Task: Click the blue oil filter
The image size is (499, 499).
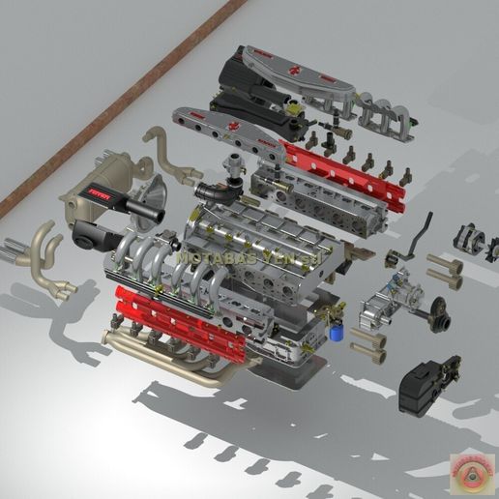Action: (x=336, y=330)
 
